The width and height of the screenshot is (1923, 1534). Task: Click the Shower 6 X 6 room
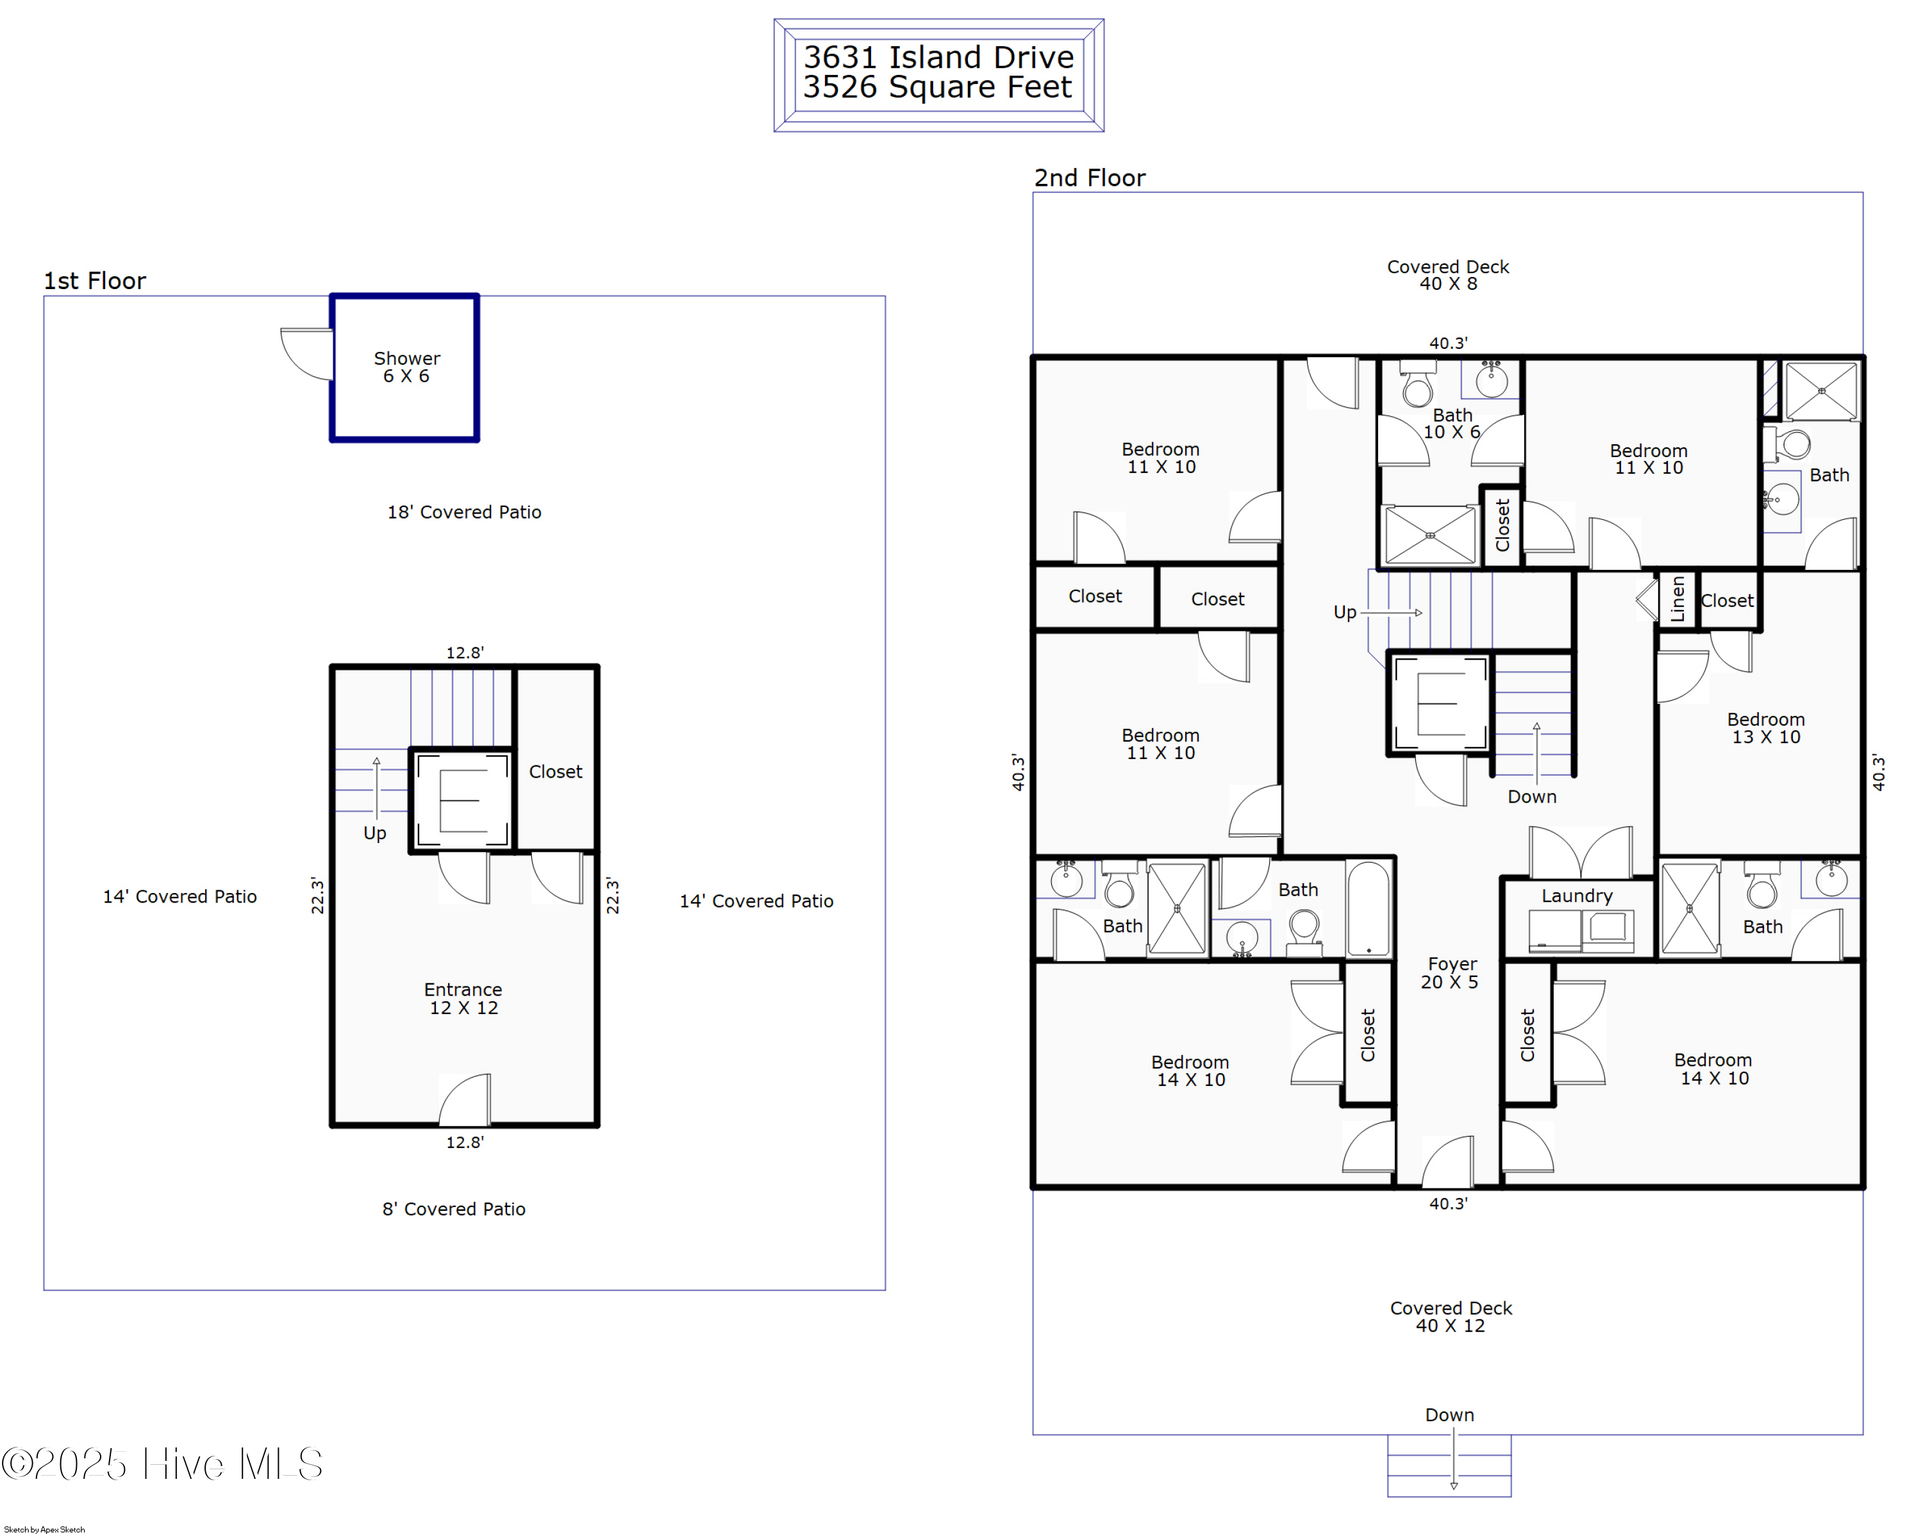coord(405,367)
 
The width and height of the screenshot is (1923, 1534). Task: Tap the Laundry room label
coord(1577,896)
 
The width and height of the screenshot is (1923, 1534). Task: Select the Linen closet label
coord(1677,599)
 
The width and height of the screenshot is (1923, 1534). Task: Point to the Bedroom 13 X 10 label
coord(1766,728)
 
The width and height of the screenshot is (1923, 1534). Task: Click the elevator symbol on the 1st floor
coord(463,800)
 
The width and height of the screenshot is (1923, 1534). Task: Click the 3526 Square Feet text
coord(937,87)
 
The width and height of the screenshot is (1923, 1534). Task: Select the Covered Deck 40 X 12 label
coord(1451,1317)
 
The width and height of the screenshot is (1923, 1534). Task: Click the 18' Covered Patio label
coord(464,512)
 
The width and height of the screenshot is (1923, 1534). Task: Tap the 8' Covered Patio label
coord(454,1208)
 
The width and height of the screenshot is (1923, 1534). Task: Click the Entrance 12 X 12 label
coord(463,998)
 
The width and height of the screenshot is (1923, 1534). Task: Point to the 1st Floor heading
coord(94,281)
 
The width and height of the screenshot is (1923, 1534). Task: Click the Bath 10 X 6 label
coord(1452,422)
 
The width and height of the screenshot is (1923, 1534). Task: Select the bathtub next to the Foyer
coord(1369,908)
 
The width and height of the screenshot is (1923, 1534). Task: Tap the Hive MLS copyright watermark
coord(162,1463)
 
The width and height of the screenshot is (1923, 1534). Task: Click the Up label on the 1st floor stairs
coord(374,833)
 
